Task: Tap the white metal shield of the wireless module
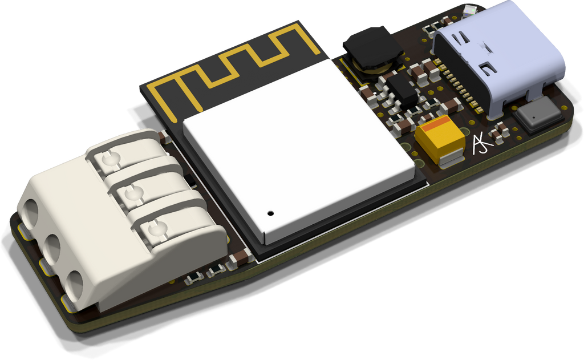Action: [x=297, y=148]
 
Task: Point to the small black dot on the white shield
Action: [x=270, y=213]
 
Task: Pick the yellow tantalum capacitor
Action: [x=441, y=139]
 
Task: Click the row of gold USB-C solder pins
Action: [x=459, y=86]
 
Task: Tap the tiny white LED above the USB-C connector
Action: [x=471, y=10]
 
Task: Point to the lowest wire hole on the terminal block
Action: [x=74, y=282]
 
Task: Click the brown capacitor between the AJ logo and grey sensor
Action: [x=500, y=131]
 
